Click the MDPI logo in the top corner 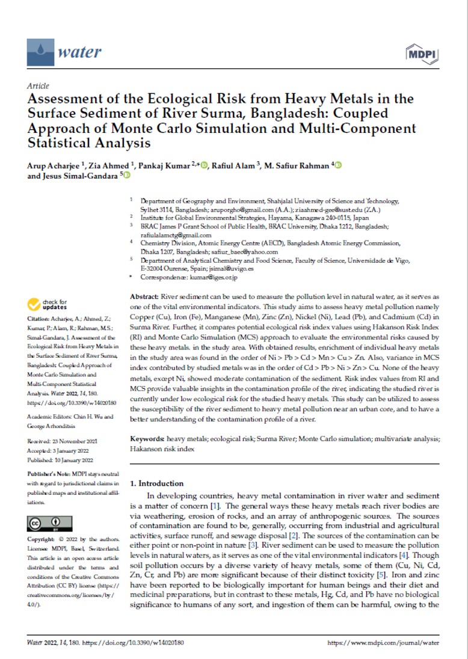click(x=423, y=53)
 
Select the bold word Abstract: click(x=144, y=298)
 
